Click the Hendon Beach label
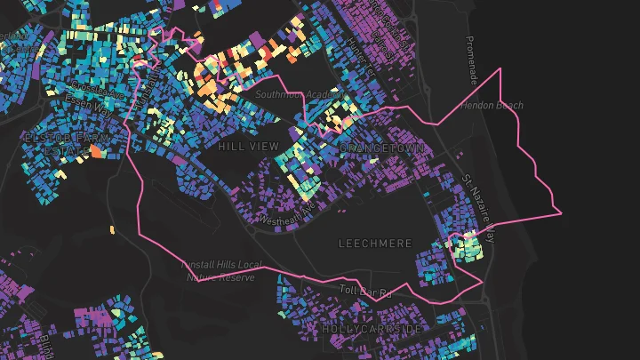492,105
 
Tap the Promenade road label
472,61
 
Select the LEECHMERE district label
375,242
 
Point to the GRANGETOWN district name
384,148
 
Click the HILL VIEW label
248,146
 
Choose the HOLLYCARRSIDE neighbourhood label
372,329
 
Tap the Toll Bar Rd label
365,292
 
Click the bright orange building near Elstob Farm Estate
96,153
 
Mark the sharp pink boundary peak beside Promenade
501,68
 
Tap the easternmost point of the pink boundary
562,212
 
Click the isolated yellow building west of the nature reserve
113,231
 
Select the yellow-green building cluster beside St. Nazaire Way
468,244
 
